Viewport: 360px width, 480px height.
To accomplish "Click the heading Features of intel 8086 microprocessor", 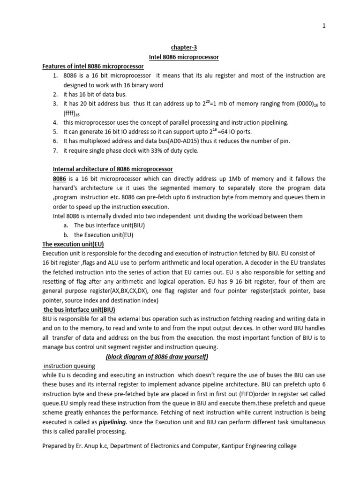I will click(93, 67).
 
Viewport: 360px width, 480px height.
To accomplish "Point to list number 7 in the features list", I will click(55, 150).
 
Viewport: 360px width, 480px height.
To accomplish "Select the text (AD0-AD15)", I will click(186, 141).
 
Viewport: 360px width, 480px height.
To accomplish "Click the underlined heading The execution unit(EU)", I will click(73, 244).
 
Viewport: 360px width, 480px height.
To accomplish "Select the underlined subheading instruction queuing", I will click(69, 366).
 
